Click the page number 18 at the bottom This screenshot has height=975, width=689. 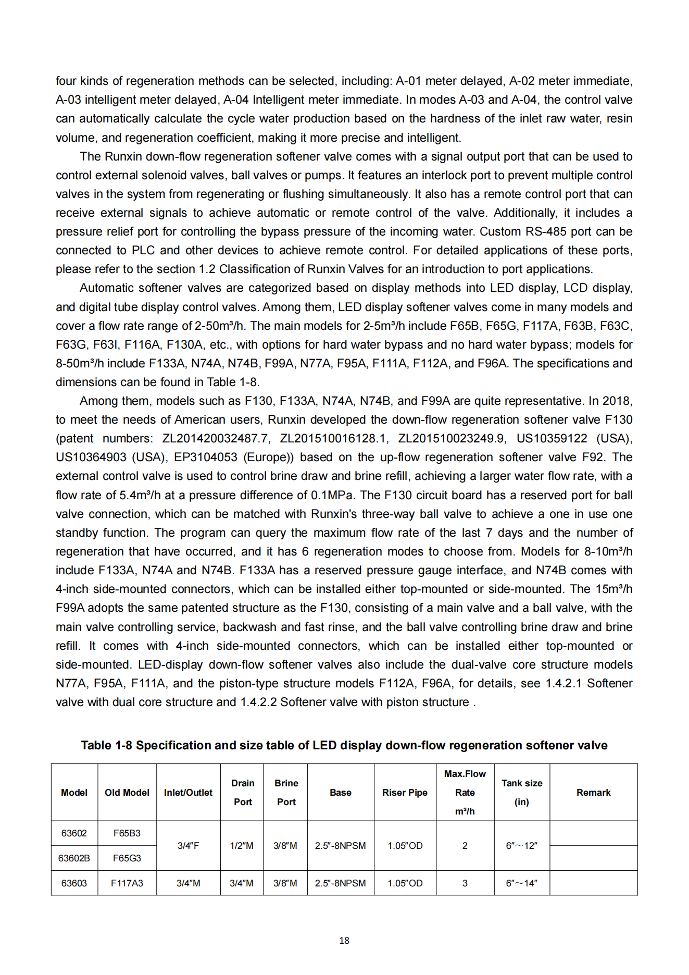click(344, 941)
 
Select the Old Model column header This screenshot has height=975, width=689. click(127, 793)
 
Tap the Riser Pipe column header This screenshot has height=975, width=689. click(405, 793)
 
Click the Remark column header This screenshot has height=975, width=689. click(593, 793)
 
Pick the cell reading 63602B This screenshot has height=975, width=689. click(74, 858)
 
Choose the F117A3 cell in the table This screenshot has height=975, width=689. click(127, 883)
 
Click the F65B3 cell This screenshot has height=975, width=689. click(127, 833)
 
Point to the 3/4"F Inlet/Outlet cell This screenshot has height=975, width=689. click(188, 846)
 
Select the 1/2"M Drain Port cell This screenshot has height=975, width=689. click(242, 846)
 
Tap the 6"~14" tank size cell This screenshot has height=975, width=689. click(521, 883)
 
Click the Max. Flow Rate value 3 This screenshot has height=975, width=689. click(465, 883)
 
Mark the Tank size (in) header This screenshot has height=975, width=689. click(522, 793)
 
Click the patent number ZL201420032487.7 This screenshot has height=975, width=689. click(216, 439)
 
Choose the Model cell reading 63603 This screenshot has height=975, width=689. click(74, 883)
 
